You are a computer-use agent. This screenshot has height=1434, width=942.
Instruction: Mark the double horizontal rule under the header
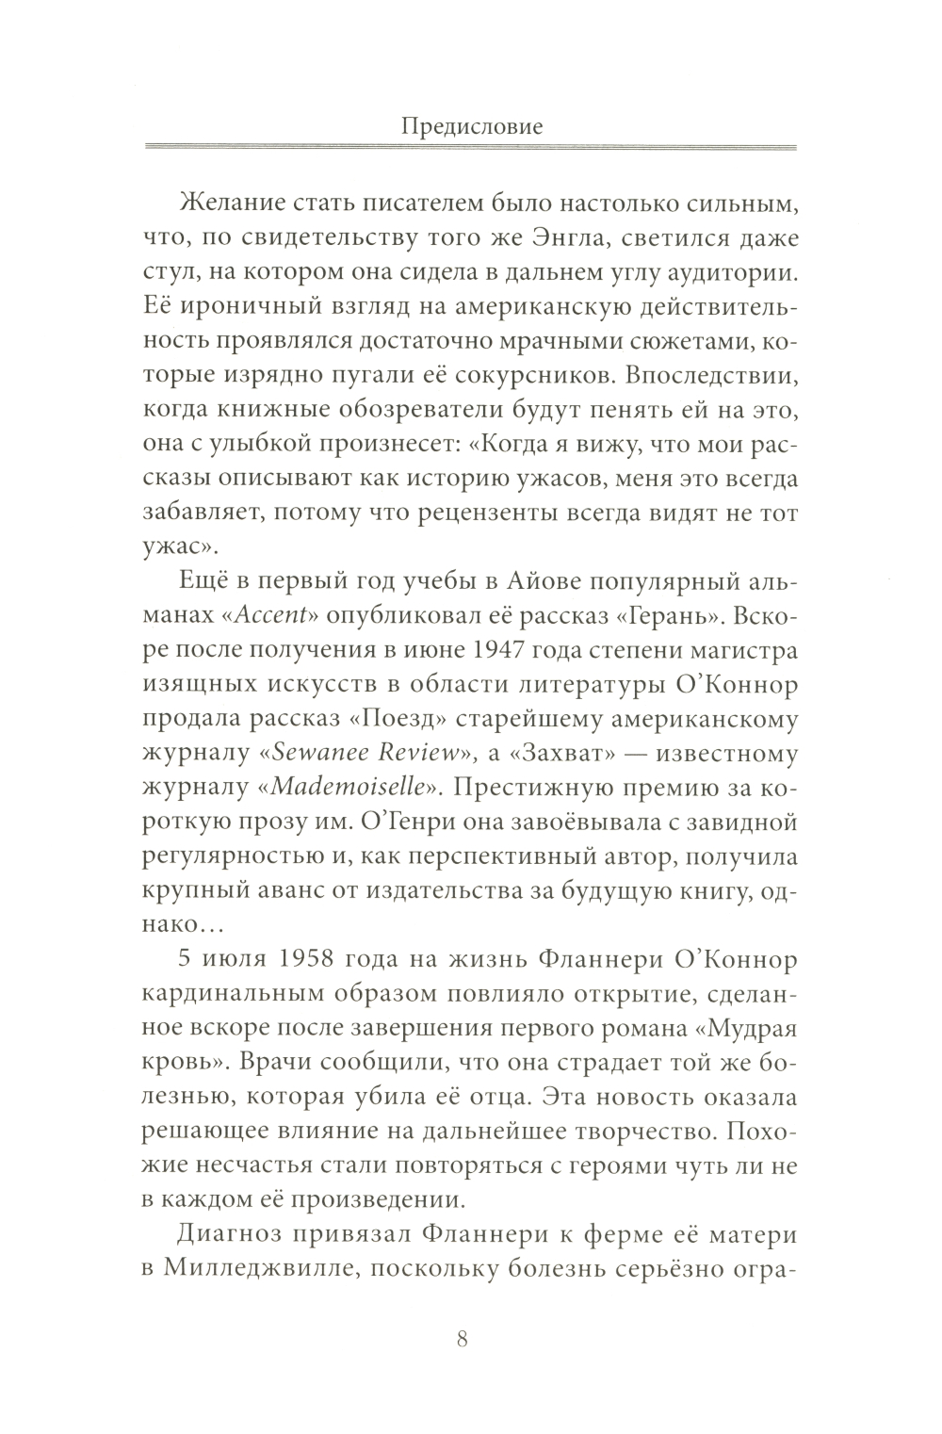coord(472,147)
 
